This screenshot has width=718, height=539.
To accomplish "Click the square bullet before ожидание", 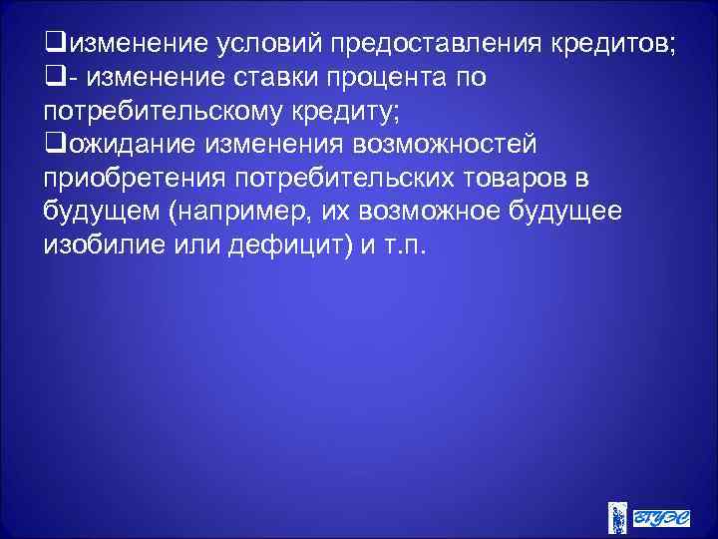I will pos(53,144).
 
